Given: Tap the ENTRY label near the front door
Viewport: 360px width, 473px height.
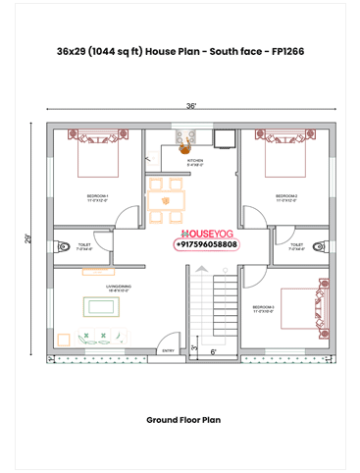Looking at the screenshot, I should [x=168, y=349].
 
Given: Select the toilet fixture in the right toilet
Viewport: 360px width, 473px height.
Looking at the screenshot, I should [x=320, y=245].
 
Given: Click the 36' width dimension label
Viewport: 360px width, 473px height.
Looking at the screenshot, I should [x=190, y=105].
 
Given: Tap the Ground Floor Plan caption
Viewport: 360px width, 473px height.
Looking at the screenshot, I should [x=183, y=419].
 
